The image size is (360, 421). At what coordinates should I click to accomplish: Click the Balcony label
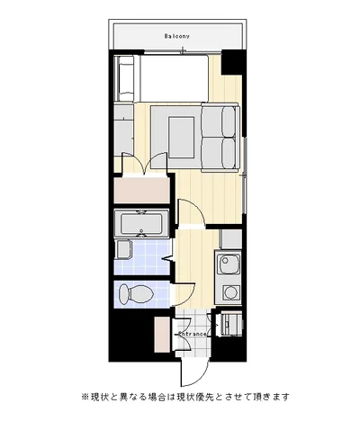177,36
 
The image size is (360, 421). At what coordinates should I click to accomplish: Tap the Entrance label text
193,334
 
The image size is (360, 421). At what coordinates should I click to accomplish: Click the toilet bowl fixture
136,293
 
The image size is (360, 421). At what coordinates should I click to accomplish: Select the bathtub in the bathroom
141,222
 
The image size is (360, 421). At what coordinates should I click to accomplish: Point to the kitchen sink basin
229,264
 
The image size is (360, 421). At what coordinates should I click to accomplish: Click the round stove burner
231,292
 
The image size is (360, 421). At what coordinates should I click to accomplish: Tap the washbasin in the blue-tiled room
123,249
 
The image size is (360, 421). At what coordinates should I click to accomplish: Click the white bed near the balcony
174,78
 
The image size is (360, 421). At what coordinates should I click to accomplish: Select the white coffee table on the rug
182,138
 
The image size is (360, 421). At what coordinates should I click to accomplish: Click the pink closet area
142,191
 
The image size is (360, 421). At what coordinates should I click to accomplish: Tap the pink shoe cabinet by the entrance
162,335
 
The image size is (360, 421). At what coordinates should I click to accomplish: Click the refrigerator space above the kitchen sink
230,239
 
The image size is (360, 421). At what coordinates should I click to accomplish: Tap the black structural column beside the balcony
234,62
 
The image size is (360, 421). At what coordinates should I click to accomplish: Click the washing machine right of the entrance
231,324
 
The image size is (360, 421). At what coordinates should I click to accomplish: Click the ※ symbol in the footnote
85,397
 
